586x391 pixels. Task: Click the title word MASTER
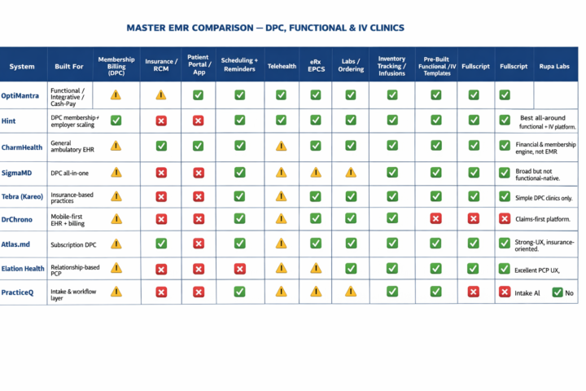151,28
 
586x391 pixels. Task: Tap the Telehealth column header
282,66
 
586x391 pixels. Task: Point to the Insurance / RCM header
160,66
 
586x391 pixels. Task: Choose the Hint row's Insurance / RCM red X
161,121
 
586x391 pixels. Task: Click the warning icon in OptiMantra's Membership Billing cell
116,95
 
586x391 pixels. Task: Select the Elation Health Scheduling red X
239,268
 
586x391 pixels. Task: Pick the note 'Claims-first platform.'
541,218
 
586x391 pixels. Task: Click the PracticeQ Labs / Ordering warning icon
351,291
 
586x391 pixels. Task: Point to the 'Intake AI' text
528,292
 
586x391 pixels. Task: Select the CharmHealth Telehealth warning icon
282,146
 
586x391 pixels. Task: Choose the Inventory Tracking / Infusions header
392,66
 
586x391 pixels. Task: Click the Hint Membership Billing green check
116,121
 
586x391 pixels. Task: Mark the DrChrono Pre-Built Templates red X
436,218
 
